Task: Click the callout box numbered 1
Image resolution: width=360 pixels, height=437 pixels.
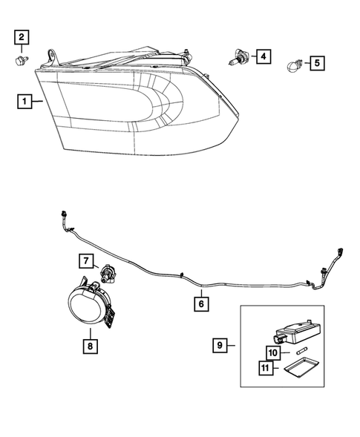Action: (24, 101)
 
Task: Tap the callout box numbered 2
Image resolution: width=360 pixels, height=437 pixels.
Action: (22, 36)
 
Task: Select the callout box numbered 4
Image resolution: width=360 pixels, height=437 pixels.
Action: (263, 56)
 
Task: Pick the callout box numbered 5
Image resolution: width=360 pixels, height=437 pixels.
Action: (316, 63)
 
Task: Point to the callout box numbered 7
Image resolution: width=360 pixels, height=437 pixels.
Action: (87, 260)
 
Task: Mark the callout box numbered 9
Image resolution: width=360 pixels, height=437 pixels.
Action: (220, 344)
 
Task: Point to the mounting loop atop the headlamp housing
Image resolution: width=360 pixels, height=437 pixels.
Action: (52, 56)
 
